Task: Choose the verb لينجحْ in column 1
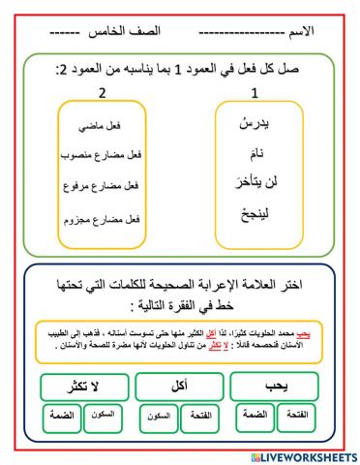coord(255,213)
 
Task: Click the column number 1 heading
coord(255,94)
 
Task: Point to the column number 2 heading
coord(101,94)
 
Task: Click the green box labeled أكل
coord(179,386)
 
